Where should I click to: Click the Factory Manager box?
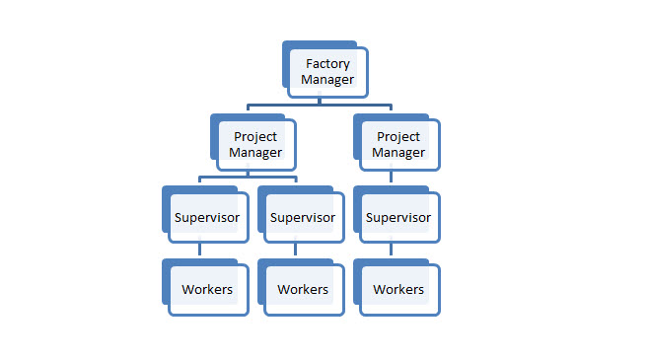327,71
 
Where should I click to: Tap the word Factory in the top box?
327,64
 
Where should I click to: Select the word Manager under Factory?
327,79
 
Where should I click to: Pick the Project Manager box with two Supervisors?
255,144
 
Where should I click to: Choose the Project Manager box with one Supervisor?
399,144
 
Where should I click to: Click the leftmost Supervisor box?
207,217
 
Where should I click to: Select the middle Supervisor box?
303,217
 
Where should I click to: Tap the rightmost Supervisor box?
398,217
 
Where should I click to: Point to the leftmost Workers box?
207,289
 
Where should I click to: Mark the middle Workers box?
303,289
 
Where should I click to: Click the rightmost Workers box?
398,289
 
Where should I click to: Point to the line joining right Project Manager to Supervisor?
392,178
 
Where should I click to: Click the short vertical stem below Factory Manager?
320,102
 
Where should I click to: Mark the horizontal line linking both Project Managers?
320,106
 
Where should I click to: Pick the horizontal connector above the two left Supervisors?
249,179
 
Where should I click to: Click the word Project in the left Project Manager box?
255,137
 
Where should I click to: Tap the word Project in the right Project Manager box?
399,137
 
